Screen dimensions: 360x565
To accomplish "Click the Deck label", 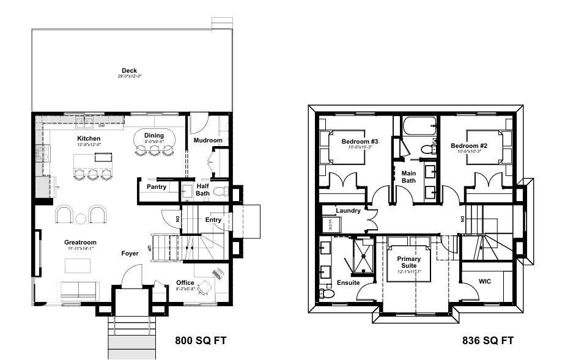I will [129, 70].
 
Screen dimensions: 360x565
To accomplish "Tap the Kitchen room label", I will [89, 139].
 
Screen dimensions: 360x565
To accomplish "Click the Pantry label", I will [156, 187].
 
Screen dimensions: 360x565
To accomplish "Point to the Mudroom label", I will [207, 141].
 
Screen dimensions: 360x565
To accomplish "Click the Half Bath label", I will [202, 189].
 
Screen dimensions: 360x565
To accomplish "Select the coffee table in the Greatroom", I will [78, 265].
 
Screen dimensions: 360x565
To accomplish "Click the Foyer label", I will [130, 252].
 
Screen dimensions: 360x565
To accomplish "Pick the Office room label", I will [185, 282].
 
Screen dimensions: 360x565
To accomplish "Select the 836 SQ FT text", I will [488, 340].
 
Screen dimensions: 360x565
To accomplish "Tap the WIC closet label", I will [486, 281].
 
